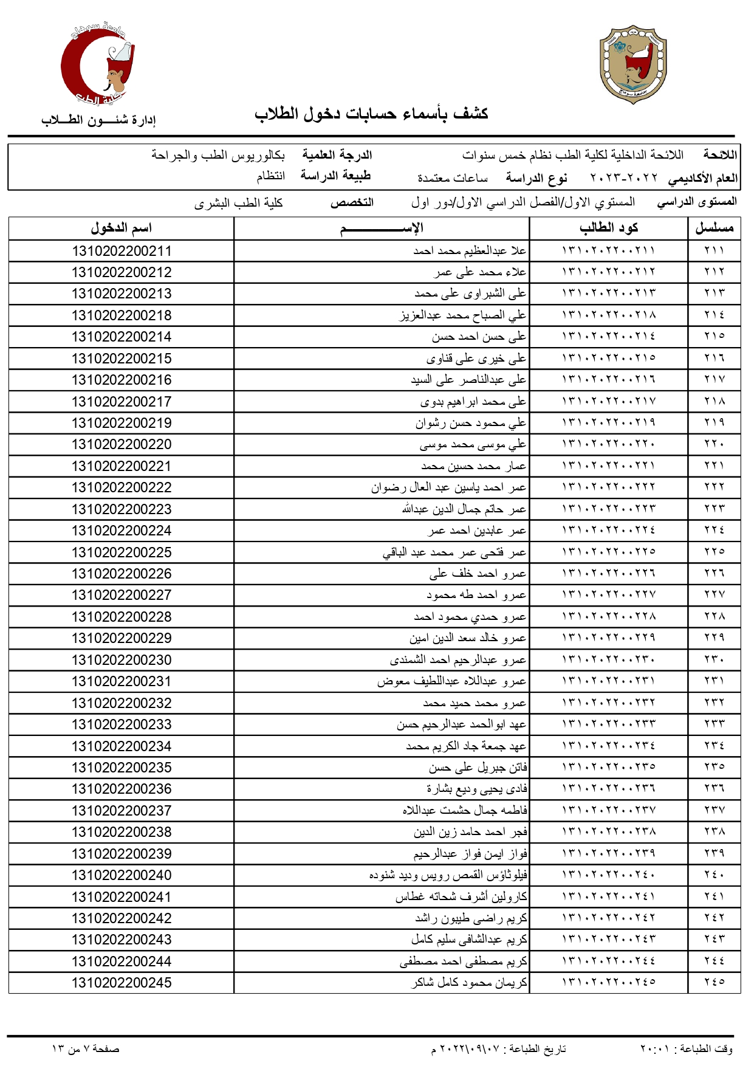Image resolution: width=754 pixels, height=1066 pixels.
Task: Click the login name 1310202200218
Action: (122, 315)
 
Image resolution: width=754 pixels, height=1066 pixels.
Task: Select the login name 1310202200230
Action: (122, 660)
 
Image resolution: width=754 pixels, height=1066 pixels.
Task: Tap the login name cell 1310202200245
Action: (122, 983)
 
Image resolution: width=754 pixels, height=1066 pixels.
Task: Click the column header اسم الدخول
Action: (121, 229)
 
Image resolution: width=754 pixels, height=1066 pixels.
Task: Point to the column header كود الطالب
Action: (608, 229)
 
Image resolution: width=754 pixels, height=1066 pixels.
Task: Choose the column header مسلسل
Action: (714, 229)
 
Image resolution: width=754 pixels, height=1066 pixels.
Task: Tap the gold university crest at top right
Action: (633, 64)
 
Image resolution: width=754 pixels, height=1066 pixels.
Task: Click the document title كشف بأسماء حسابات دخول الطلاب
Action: (371, 114)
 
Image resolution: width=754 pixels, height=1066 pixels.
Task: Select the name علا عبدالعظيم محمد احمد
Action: (470, 251)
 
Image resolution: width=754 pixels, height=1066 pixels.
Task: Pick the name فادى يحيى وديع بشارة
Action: (476, 789)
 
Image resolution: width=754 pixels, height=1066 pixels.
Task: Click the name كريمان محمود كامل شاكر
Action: (469, 983)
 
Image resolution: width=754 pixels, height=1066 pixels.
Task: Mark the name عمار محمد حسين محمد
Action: (473, 466)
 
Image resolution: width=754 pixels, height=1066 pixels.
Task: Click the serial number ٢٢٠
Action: (714, 444)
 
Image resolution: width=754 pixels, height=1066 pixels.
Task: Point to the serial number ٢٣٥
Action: (714, 768)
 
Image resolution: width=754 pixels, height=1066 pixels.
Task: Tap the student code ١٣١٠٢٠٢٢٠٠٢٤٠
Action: (608, 875)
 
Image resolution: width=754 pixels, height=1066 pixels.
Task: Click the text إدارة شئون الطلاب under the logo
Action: (98, 120)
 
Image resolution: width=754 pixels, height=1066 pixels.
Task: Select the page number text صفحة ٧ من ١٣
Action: (86, 1049)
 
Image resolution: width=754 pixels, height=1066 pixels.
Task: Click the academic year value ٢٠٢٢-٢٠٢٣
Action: (623, 178)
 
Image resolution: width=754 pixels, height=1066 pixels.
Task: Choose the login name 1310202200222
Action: (122, 487)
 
